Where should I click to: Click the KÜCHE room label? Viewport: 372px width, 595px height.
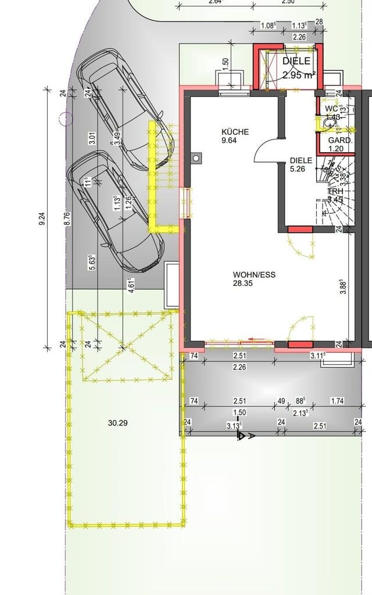coord(235,132)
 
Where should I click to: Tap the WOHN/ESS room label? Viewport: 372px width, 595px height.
coord(254,274)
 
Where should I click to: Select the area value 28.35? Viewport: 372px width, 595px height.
coord(244,283)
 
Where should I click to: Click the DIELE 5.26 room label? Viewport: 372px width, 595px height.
coord(301,161)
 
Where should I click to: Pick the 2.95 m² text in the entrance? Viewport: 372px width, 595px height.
coord(299,75)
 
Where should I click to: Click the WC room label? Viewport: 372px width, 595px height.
coord(331,109)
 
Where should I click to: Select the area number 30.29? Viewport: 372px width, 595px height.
coord(117,423)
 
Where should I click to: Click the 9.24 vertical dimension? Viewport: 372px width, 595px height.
coord(42,220)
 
